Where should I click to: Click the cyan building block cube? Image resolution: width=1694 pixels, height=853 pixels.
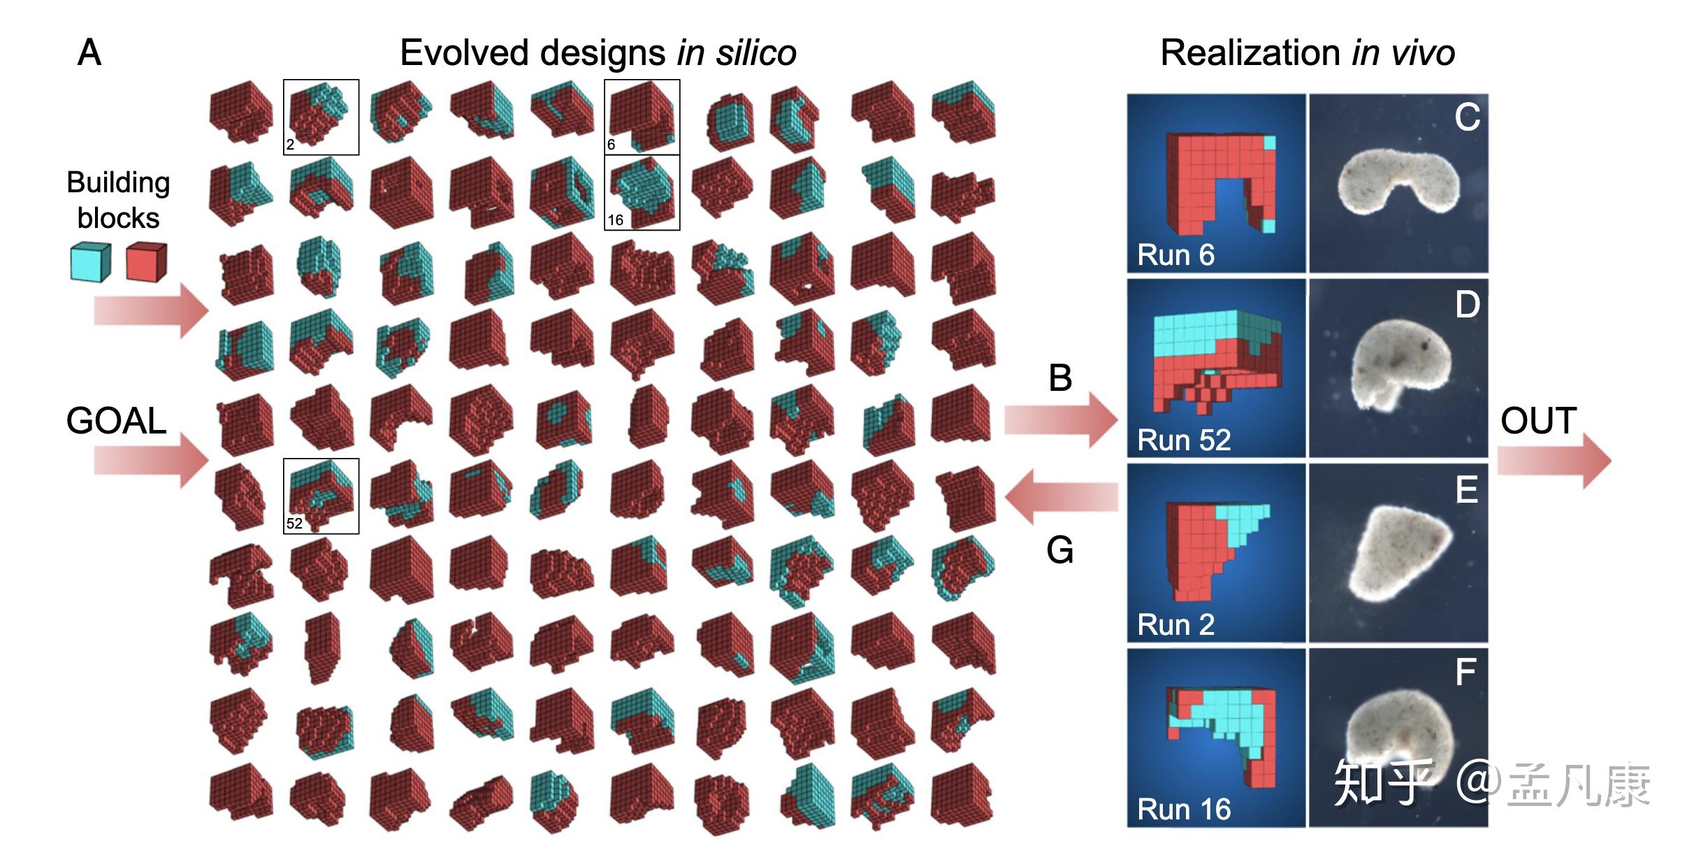coord(91,262)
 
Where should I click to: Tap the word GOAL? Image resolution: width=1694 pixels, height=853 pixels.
coord(116,421)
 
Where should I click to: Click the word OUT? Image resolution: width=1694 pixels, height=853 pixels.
coord(1538,421)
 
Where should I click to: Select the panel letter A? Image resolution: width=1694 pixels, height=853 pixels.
coord(89,53)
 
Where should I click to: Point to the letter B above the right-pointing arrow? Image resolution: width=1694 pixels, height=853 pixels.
coord(1060,378)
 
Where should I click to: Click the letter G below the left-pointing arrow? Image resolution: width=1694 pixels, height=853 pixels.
coord(1059,550)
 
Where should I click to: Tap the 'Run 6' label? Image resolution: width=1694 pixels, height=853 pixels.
coord(1175,255)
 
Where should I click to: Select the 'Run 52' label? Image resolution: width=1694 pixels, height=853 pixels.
coord(1184,440)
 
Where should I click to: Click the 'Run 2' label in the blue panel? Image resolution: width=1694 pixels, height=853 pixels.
coord(1175,625)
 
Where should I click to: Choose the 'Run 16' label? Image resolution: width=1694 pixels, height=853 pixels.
coord(1184,810)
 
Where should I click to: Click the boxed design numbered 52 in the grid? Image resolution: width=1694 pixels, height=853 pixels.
coord(321,496)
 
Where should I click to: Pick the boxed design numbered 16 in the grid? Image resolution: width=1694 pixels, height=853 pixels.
coord(642,192)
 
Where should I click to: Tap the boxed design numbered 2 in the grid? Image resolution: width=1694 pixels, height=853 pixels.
coord(321,117)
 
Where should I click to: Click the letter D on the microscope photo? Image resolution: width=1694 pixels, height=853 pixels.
coord(1468,305)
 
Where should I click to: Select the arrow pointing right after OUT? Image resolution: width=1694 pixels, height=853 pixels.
coord(1555,461)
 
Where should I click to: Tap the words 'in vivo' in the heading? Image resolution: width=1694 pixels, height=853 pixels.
coord(1403,53)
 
